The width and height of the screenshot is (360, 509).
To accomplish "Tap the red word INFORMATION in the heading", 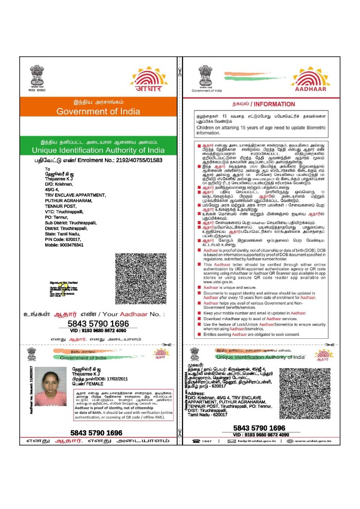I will [x=280, y=104].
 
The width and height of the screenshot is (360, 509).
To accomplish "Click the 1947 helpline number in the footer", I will [x=207, y=441].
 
